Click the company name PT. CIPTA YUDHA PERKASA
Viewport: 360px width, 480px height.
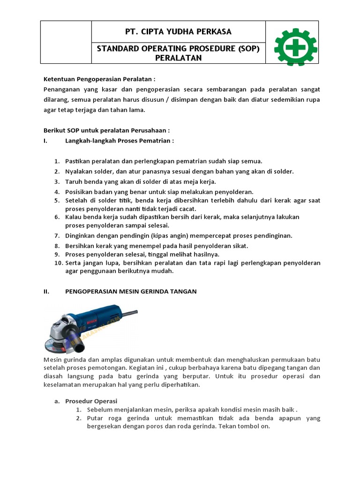click(178, 31)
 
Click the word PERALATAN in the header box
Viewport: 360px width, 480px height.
click(178, 58)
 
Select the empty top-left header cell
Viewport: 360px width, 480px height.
click(66, 42)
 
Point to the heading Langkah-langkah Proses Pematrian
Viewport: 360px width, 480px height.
click(120, 140)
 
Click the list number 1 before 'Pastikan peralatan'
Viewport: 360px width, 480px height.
click(56, 161)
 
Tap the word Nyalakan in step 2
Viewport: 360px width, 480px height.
click(79, 171)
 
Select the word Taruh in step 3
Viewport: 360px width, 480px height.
click(74, 181)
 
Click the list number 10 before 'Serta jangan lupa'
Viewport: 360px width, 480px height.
click(58, 263)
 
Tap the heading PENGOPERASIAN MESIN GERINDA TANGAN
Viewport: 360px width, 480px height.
click(131, 291)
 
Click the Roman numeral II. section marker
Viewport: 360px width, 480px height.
click(46, 291)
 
